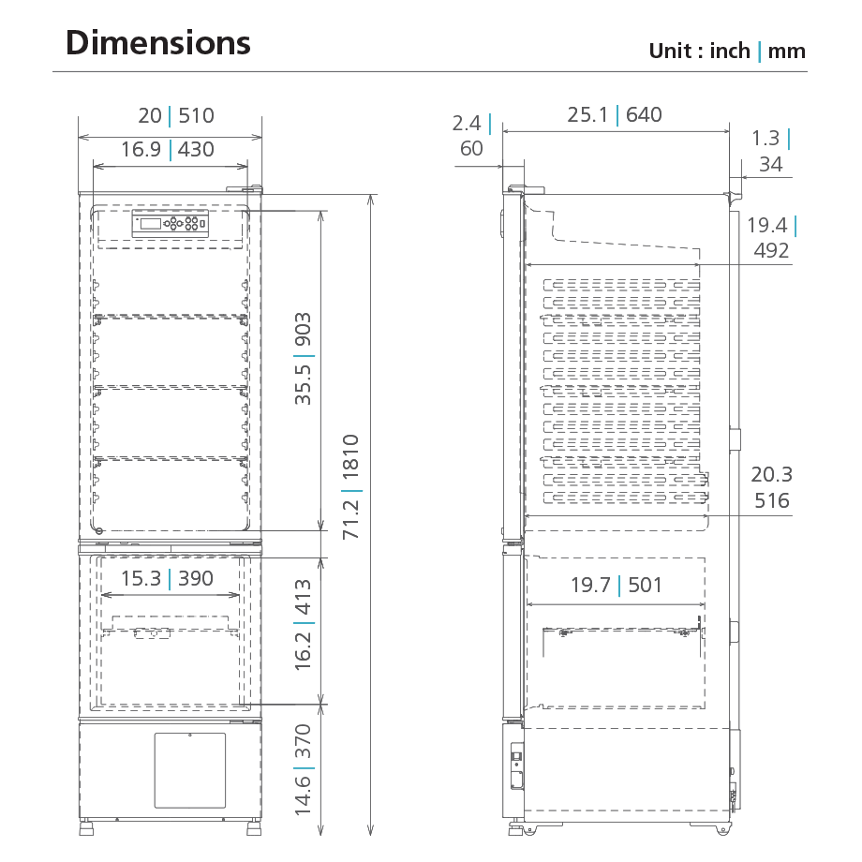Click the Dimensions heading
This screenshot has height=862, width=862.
point(157,43)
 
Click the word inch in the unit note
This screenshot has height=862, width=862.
point(730,51)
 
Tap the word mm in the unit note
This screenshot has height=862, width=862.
point(787,52)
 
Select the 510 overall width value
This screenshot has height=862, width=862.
point(196,115)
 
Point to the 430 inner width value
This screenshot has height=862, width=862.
point(196,149)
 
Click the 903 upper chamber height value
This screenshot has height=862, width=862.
point(303,329)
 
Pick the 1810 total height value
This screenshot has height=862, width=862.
point(350,456)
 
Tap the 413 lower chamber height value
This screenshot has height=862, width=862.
point(303,597)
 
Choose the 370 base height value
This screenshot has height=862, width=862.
point(303,741)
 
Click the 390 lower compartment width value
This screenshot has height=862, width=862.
point(196,578)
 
